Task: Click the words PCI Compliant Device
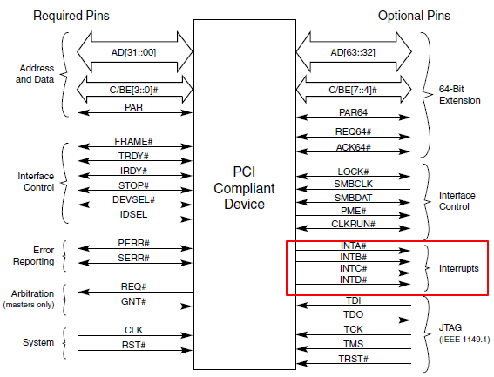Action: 243,188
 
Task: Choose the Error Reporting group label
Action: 33,254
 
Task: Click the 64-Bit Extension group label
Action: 459,94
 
